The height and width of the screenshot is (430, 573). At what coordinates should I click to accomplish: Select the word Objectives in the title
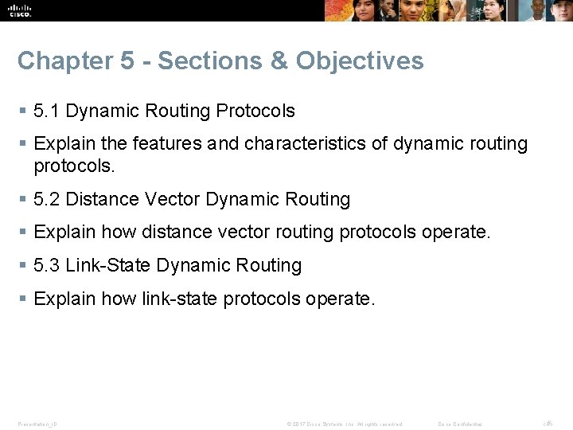[360, 61]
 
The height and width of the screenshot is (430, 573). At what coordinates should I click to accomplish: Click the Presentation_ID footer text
[37, 424]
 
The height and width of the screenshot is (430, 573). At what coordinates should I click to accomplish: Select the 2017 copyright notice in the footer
[345, 424]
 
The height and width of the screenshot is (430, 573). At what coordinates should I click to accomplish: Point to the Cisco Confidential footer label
[460, 424]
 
